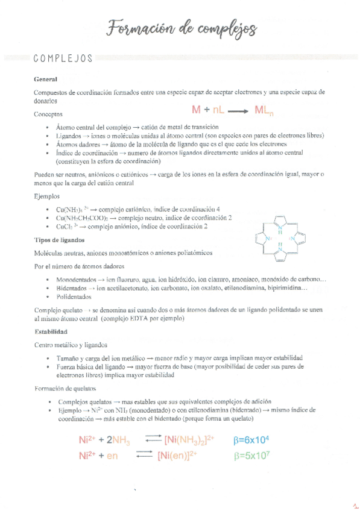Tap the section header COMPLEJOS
63,58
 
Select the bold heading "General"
46,79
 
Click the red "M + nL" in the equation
210,110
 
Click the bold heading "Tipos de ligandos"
59,239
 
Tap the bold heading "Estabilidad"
51,331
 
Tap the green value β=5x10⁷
254,456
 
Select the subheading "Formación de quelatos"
65,388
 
